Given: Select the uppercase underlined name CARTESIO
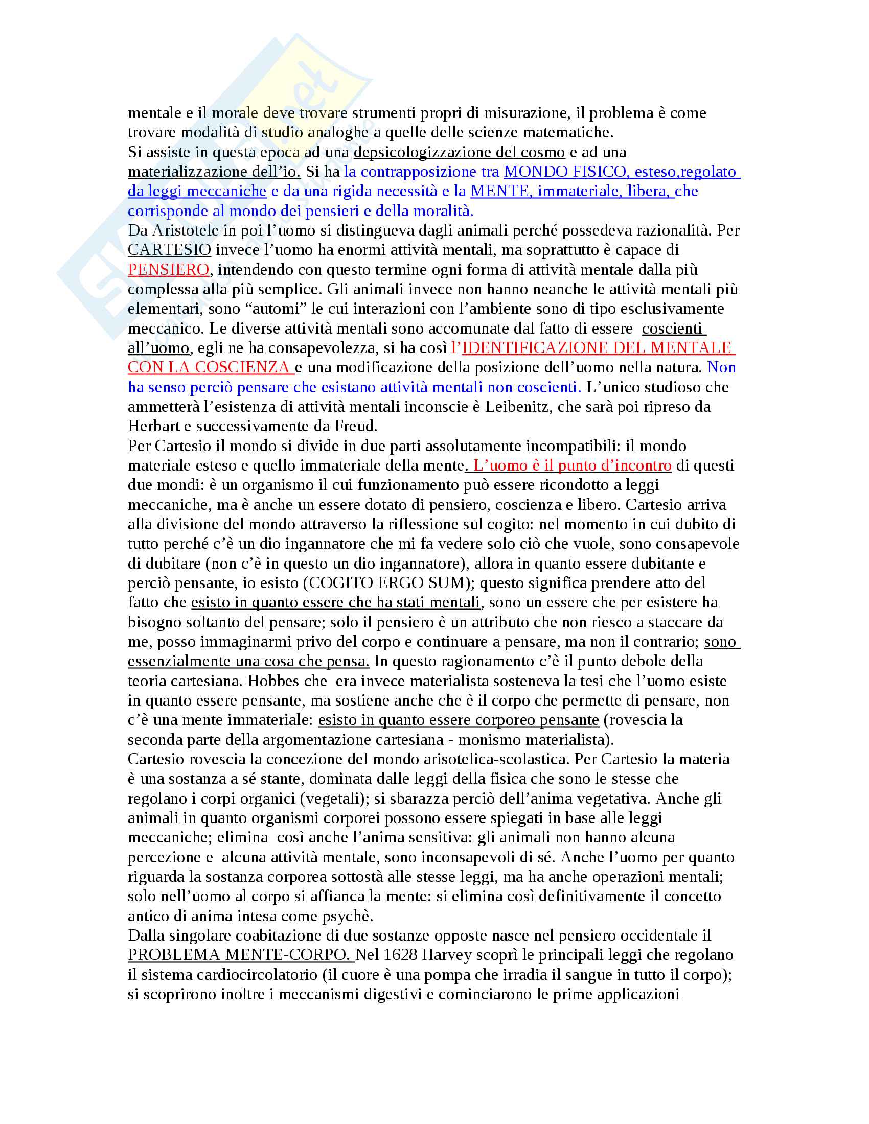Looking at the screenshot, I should (x=169, y=250).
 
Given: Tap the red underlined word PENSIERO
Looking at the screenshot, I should (x=168, y=270).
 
